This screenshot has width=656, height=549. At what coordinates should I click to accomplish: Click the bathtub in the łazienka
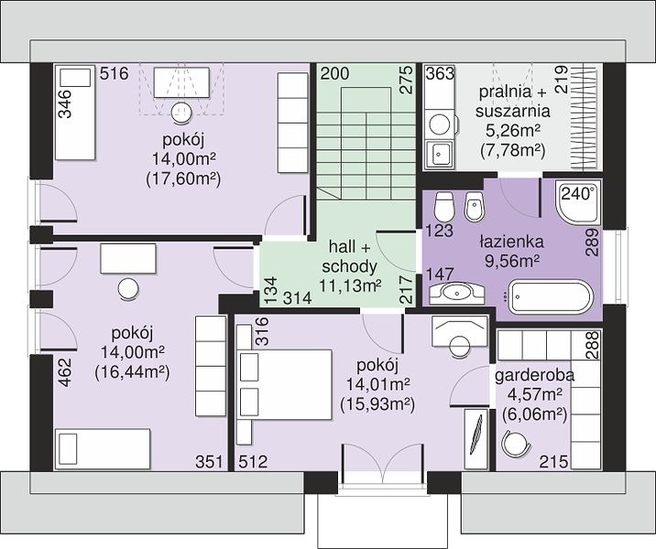550,297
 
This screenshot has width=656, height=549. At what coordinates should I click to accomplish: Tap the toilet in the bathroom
443,207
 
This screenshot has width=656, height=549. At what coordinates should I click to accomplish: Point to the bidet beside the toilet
475,207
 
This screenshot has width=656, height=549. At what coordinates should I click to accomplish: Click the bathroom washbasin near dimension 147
456,292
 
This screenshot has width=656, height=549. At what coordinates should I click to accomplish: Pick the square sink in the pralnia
439,154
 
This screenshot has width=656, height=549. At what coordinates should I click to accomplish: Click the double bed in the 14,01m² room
284,384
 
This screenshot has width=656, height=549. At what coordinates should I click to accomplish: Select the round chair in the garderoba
515,444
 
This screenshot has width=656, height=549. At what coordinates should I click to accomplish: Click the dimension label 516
114,73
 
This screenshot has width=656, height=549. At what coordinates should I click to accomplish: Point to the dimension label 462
65,372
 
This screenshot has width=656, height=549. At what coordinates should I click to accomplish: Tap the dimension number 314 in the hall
298,298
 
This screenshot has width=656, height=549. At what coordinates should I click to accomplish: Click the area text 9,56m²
511,261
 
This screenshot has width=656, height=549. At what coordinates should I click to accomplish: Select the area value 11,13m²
350,285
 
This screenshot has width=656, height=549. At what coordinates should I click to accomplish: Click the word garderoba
535,376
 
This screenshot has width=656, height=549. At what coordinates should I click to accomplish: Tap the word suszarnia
512,111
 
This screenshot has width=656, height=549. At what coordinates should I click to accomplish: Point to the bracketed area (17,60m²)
183,178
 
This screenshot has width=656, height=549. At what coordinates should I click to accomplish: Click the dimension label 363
440,73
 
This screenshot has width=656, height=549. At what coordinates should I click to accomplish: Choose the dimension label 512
253,462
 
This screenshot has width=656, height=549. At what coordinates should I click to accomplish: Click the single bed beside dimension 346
75,113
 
